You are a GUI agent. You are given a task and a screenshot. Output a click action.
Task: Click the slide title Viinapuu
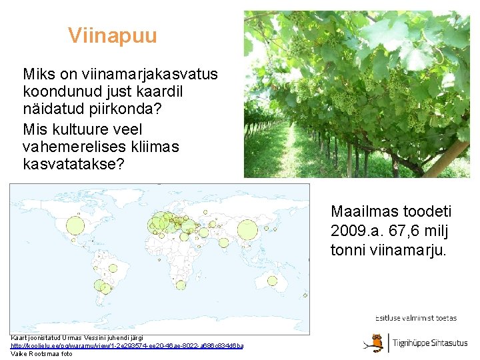point(112,35)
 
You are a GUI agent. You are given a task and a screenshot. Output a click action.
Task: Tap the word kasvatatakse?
point(73,164)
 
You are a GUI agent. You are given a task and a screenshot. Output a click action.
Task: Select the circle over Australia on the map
point(272,281)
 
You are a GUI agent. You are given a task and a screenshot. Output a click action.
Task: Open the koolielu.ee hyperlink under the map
point(127,346)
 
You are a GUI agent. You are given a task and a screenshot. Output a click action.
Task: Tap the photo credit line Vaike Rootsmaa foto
point(41,354)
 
